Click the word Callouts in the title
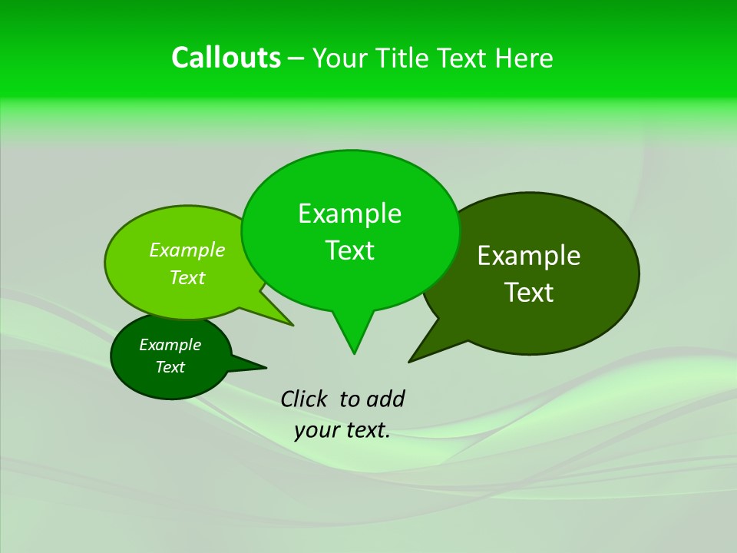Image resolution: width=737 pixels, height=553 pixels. pyautogui.click(x=226, y=58)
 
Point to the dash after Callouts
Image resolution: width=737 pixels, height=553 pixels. pyautogui.click(x=297, y=58)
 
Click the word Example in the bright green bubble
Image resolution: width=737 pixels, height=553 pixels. pyautogui.click(x=349, y=214)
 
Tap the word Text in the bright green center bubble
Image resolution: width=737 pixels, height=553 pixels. pyautogui.click(x=350, y=250)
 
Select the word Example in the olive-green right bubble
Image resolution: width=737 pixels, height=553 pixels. pyautogui.click(x=529, y=256)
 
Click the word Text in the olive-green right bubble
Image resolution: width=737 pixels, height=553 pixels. pyautogui.click(x=529, y=293)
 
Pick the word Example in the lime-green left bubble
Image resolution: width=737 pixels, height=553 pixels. pyautogui.click(x=187, y=250)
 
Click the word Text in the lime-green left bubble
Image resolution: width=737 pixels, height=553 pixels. pyautogui.click(x=187, y=278)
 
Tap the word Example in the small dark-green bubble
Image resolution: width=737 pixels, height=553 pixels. pyautogui.click(x=170, y=345)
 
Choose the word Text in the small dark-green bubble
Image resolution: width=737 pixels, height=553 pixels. pyautogui.click(x=170, y=367)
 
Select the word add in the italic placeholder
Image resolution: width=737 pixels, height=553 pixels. pyautogui.click(x=385, y=399)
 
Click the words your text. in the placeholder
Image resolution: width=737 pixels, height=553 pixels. pyautogui.click(x=342, y=431)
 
